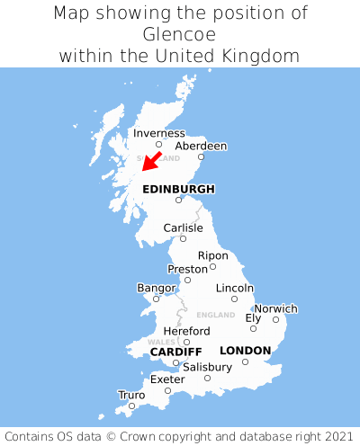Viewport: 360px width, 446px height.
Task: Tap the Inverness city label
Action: (x=158, y=134)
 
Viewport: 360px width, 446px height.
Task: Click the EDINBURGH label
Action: (x=178, y=189)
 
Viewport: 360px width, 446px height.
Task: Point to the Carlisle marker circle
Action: (x=183, y=238)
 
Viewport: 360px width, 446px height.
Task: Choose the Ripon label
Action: (x=212, y=255)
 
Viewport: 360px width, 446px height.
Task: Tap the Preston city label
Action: (x=187, y=269)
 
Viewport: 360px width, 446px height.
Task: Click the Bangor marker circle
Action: (x=156, y=299)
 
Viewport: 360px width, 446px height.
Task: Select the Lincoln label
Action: (x=235, y=288)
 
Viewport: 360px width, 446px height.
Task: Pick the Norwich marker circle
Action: (x=276, y=319)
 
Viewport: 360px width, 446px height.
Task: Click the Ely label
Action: (x=253, y=317)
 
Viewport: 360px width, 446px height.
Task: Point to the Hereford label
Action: (x=186, y=331)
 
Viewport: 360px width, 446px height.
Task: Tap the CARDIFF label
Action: (x=175, y=351)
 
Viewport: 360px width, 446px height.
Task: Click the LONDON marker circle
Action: (x=245, y=361)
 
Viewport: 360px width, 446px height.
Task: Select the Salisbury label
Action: (x=207, y=367)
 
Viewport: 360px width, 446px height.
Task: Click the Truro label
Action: (x=131, y=395)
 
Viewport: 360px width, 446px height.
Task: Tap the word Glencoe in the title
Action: (x=180, y=34)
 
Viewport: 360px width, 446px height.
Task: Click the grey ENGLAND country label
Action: (x=215, y=316)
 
